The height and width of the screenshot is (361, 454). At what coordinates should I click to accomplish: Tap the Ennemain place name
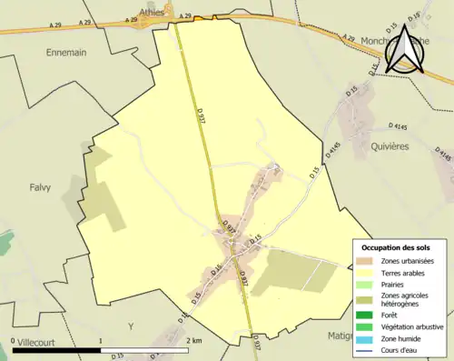(66, 53)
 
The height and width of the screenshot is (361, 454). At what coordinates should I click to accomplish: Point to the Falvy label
(38, 188)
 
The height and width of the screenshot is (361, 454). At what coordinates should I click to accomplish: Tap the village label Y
(131, 326)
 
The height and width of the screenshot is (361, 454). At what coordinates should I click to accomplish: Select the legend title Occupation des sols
(400, 247)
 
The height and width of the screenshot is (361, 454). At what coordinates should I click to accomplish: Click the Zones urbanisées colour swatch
(368, 262)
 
